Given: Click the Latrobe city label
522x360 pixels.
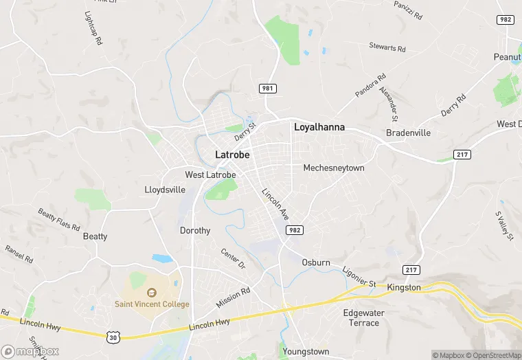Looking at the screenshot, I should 232,155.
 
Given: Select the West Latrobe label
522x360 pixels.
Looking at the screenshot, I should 210,175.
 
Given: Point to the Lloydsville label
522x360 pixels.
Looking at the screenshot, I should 165,189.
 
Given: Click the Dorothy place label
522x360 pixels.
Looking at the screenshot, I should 195,231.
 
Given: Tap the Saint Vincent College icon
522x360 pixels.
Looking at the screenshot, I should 151,292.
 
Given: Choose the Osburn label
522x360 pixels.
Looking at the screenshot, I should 316,262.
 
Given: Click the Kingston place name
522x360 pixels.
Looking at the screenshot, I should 404,287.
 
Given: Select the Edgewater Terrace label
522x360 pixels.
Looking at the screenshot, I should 361,318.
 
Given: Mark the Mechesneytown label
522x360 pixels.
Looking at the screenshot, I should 334,168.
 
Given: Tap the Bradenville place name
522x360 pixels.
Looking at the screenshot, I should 409,133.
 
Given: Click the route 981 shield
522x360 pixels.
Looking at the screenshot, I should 268,89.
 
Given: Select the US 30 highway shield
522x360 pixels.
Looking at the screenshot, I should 114,337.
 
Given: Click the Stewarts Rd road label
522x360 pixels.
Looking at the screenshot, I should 387,48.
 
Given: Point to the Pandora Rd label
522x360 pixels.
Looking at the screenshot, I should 370,87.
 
